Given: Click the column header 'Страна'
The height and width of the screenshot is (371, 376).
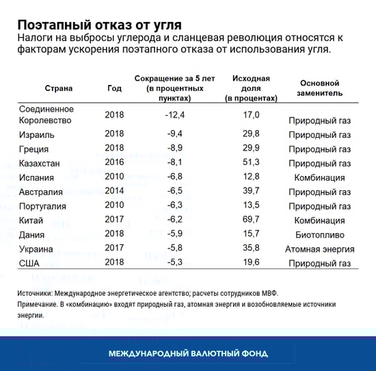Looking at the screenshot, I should (59, 88).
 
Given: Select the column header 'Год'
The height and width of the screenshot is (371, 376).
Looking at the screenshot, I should (115, 88).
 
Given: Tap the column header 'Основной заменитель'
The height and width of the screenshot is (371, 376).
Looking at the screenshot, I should (320, 88).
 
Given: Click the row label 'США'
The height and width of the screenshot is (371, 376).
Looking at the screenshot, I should (31, 264).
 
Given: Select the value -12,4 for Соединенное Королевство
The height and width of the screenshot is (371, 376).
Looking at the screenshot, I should (176, 115).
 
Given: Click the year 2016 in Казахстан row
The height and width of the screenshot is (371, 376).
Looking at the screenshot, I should (115, 164).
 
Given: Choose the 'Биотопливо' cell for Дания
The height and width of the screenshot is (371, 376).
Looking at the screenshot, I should (320, 235).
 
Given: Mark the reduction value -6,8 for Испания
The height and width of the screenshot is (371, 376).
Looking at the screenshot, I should (175, 178).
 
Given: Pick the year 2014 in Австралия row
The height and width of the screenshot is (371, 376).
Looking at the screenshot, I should (115, 192).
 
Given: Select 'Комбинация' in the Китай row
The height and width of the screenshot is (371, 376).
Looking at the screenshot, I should (319, 220).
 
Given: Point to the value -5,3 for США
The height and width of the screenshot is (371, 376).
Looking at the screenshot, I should (175, 264).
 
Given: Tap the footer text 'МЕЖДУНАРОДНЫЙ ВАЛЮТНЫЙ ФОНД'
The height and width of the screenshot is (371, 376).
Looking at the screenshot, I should (188, 353).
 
